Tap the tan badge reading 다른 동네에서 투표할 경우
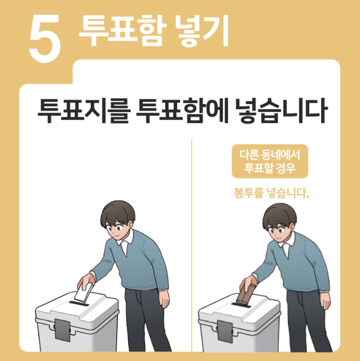(269, 161)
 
